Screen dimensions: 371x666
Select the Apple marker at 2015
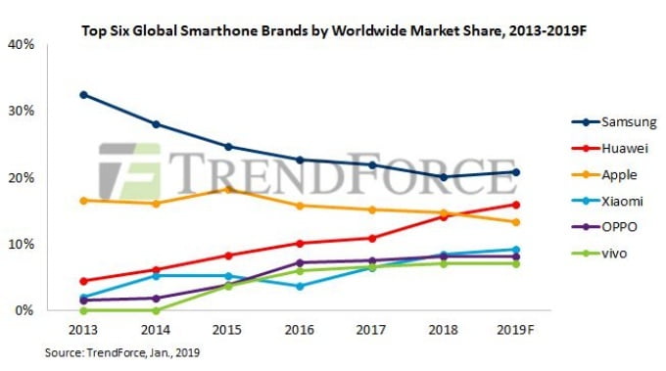[x=227, y=189]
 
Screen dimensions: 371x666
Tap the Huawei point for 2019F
[x=515, y=205]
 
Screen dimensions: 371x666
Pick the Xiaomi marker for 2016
[x=300, y=286]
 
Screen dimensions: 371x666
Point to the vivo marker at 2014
[x=156, y=310]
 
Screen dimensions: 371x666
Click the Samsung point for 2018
[x=444, y=177]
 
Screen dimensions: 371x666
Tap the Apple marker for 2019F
[x=515, y=222]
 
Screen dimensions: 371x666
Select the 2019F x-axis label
[x=515, y=329]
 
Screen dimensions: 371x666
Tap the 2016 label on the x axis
[x=300, y=329]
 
